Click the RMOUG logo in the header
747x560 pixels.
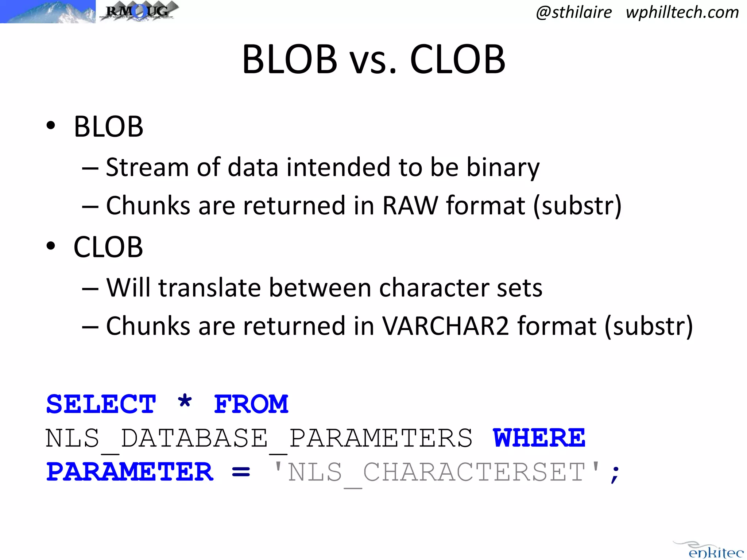[139, 11]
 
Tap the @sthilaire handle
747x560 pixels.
[574, 12]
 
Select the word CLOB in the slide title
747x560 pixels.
[458, 59]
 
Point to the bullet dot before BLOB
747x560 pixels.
[51, 126]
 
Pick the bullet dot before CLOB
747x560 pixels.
[51, 246]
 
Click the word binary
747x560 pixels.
[503, 168]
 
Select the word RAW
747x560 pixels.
[410, 205]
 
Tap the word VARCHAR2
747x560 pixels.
[445, 326]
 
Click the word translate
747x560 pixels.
[210, 288]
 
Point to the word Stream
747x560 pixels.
[147, 167]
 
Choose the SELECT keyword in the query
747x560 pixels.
[101, 404]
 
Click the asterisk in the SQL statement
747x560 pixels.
[185, 402]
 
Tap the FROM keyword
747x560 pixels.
[251, 404]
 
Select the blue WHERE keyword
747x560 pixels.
[539, 438]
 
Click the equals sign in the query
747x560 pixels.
[241, 472]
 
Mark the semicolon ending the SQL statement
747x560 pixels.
[615, 474]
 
